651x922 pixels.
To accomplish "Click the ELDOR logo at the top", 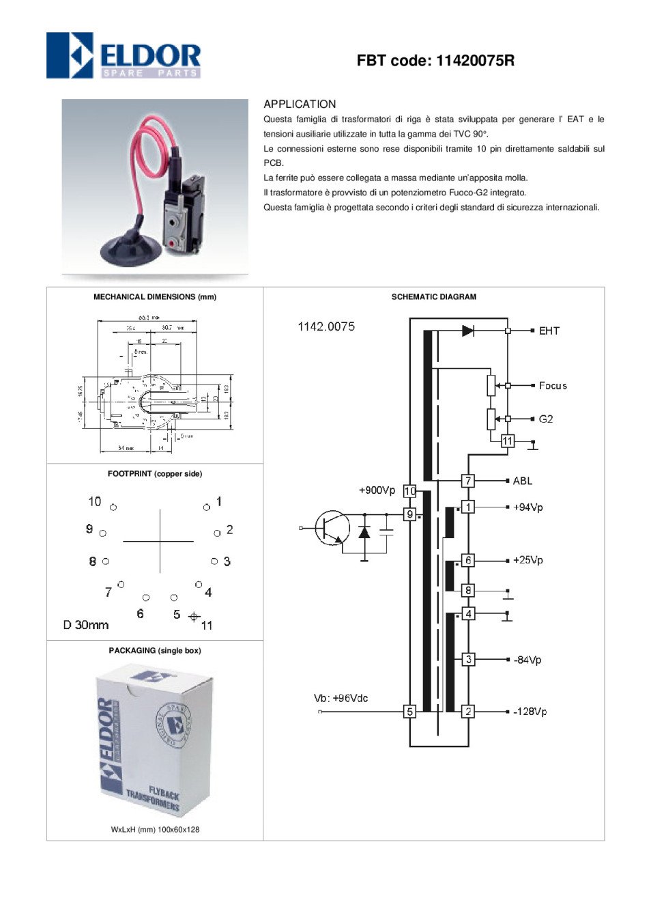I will coord(124,55).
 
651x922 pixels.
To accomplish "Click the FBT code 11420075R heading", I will coord(435,61).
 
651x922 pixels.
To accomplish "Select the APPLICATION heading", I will coord(300,104).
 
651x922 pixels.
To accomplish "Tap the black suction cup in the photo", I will coord(131,250).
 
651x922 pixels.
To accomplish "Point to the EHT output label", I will coord(549,331).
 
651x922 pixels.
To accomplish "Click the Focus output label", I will coord(553,386).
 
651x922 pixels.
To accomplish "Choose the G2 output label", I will coord(546,419).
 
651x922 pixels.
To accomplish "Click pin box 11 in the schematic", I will coord(507,441).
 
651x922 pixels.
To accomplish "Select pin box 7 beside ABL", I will coord(467,481).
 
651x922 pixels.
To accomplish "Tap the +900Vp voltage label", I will coord(377,490).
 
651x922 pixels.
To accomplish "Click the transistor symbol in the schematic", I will coord(332,528).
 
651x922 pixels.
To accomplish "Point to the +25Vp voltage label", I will coord(528,560).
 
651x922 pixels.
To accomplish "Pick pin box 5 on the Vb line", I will coord(410,712).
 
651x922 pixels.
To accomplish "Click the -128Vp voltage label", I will coord(530,712).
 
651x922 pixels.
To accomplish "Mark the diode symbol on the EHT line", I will coord(468,331).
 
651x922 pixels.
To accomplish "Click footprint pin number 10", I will coord(95,502).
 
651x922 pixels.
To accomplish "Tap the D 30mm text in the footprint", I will coord(86,625).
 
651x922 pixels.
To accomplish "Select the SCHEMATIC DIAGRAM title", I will coord(434,297).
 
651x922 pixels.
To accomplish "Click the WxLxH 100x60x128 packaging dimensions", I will coord(156,830).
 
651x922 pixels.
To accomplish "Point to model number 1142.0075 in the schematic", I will coord(326,326).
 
